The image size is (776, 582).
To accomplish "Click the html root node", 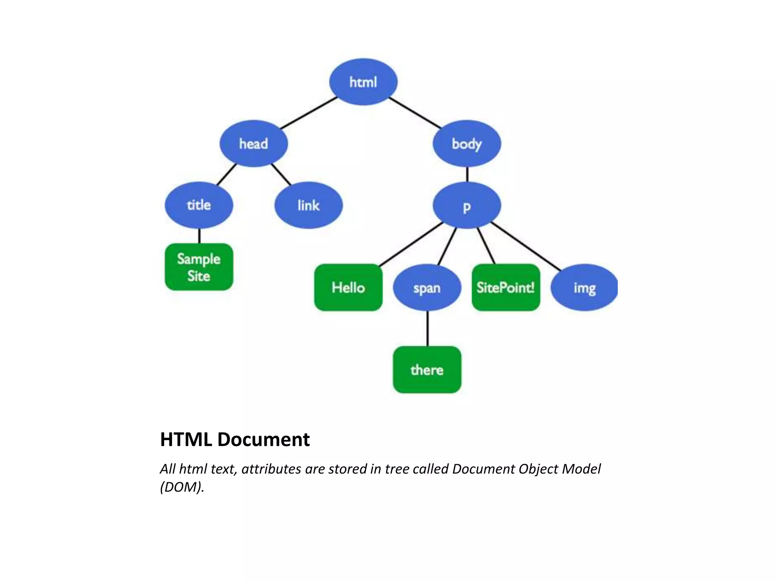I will (363, 82).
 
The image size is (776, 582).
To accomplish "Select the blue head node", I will (253, 144).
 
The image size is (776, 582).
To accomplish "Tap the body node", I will (467, 144).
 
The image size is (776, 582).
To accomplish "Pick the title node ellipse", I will (199, 205).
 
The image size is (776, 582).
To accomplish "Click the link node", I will (308, 205).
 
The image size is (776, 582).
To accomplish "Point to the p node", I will (467, 205).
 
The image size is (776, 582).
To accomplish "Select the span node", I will (427, 288).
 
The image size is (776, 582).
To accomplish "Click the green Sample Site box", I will (199, 267).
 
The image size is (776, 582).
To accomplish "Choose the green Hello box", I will (348, 288).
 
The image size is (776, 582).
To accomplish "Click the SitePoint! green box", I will (506, 288).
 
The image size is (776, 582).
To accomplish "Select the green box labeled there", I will (427, 370).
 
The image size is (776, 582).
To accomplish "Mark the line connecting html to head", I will (309, 113).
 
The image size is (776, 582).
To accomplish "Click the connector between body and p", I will (467, 175).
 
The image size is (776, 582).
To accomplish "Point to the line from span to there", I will (427, 329).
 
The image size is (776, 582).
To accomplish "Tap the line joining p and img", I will (526, 246).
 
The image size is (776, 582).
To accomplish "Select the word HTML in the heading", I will (186, 440).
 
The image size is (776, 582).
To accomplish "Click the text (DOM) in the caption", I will (182, 487).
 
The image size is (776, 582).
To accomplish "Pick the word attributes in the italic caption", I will (271, 469).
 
